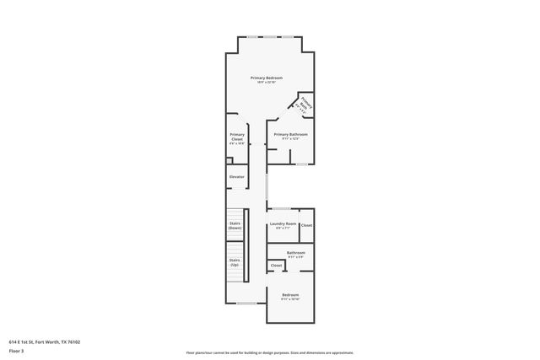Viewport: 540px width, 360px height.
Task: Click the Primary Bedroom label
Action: click(266, 78)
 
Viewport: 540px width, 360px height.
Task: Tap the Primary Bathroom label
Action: click(290, 134)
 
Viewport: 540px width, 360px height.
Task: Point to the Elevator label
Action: click(237, 176)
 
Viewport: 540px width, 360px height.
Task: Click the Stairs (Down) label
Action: click(235, 225)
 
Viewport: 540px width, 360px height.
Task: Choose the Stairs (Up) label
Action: click(235, 262)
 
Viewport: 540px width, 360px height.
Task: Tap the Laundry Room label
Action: click(282, 223)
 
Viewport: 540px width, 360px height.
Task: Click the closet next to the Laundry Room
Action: click(306, 225)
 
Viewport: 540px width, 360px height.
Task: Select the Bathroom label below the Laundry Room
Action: click(295, 252)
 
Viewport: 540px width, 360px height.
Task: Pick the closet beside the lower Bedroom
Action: click(276, 266)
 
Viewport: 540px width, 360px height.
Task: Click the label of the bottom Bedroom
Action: click(290, 295)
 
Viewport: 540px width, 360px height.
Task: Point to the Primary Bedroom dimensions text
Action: click(266, 83)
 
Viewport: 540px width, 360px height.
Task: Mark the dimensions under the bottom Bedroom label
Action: click(290, 299)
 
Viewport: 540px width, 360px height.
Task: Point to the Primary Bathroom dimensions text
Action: click(290, 138)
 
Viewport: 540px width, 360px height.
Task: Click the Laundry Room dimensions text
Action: click(282, 228)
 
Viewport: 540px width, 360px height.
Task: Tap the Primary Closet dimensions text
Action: click(237, 143)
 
